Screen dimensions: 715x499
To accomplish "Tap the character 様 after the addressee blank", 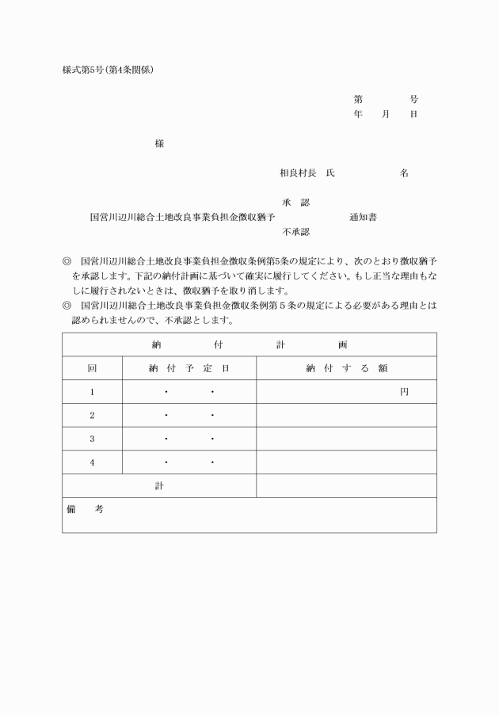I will point(159,143).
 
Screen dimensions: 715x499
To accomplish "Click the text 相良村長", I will point(298,173).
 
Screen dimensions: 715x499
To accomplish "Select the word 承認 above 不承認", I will point(295,203).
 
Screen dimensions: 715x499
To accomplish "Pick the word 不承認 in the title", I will point(295,232).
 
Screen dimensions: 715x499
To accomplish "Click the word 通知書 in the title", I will point(363,217).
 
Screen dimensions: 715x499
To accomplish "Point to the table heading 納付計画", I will point(249,344).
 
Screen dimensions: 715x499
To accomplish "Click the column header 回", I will point(92,368).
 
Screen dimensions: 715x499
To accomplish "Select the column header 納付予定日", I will point(189,368).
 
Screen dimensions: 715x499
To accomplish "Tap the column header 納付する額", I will point(346,368).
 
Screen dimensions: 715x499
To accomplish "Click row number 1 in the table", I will point(92,392).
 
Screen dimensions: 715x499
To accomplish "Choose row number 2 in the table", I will point(92,415).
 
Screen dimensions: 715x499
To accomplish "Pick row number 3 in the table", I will point(92,439).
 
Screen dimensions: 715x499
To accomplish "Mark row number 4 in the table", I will point(92,462).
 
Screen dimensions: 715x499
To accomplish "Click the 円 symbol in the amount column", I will point(404,392).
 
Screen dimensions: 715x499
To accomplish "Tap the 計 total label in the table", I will point(159,485).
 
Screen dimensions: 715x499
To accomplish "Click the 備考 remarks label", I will point(85,509).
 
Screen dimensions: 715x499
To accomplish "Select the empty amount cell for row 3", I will point(346,439).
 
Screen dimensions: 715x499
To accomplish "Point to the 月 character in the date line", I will point(386,114).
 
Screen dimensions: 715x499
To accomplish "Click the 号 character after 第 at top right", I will point(413,99).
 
